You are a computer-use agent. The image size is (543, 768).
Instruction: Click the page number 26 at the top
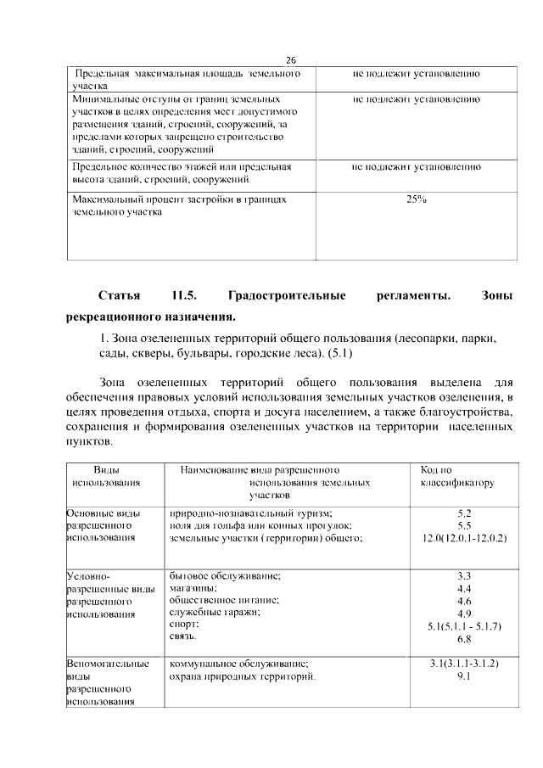(290, 60)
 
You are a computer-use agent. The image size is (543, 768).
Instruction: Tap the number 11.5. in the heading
(184, 296)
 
